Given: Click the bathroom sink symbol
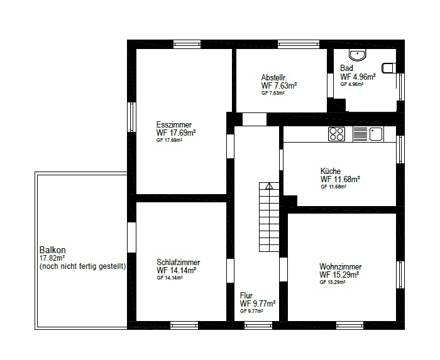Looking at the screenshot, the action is pyautogui.click(x=358, y=55).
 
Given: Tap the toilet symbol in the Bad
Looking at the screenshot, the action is pyautogui.click(x=389, y=68).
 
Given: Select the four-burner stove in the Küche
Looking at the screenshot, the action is pyautogui.click(x=337, y=134).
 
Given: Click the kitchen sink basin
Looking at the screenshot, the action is pyautogui.click(x=376, y=134).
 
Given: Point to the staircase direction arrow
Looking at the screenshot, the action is pyautogui.click(x=269, y=186).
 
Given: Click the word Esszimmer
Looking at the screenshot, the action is pyautogui.click(x=174, y=124).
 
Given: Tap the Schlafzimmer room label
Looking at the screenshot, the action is pyautogui.click(x=178, y=262).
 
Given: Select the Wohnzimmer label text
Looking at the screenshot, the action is pyautogui.click(x=341, y=266).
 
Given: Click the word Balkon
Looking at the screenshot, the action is pyautogui.click(x=52, y=250).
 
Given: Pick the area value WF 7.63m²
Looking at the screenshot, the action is pyautogui.click(x=279, y=85).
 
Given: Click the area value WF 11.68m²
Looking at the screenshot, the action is pyautogui.click(x=341, y=179).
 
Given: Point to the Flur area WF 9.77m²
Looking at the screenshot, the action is pyautogui.click(x=258, y=303).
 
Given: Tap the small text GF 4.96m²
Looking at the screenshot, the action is pyautogui.click(x=352, y=84).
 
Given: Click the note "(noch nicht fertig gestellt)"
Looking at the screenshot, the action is pyautogui.click(x=83, y=266).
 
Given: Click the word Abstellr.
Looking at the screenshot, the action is pyautogui.click(x=274, y=77).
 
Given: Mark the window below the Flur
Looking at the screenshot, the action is pyautogui.click(x=258, y=325).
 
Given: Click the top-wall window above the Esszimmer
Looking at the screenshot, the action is pyautogui.click(x=187, y=45).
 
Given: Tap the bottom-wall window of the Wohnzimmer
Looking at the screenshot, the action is pyautogui.click(x=349, y=325).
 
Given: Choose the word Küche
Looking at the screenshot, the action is pyautogui.click(x=331, y=171).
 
